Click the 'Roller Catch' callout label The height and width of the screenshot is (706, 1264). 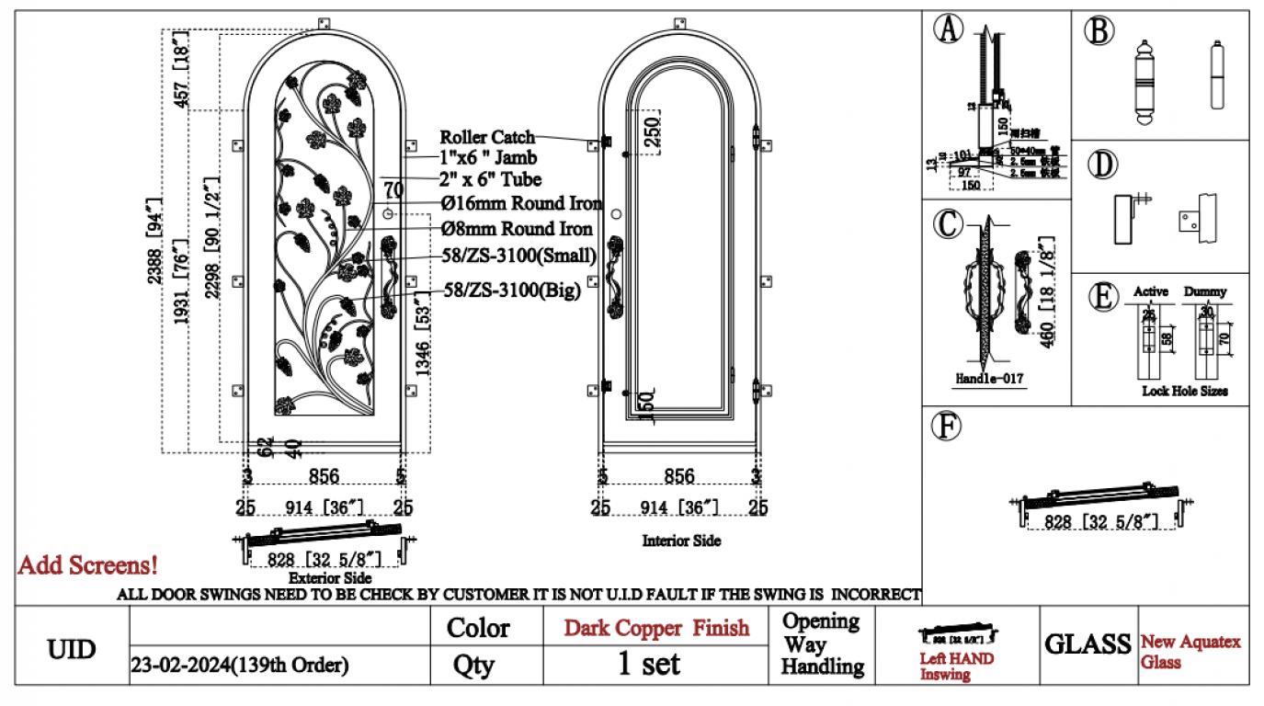pos(486,137)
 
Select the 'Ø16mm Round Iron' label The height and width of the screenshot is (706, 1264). pos(522,203)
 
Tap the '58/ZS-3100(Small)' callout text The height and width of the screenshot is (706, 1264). pos(519,255)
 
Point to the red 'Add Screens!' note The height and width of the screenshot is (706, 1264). pos(87,565)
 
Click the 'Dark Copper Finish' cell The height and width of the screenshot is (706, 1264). pos(656,628)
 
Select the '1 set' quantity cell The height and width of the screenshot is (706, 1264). pos(648,665)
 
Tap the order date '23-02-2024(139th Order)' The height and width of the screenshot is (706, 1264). pos(241,666)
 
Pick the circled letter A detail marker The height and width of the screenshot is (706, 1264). pos(948,28)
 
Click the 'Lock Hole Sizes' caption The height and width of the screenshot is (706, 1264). pos(1184,391)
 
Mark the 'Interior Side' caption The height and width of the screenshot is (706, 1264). pos(681,541)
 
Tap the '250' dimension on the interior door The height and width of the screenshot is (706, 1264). pos(651,134)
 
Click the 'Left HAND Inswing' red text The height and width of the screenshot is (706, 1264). pos(956,666)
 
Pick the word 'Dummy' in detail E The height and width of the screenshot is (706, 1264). pos(1204,291)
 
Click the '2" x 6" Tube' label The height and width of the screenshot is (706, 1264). pos(489,179)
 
